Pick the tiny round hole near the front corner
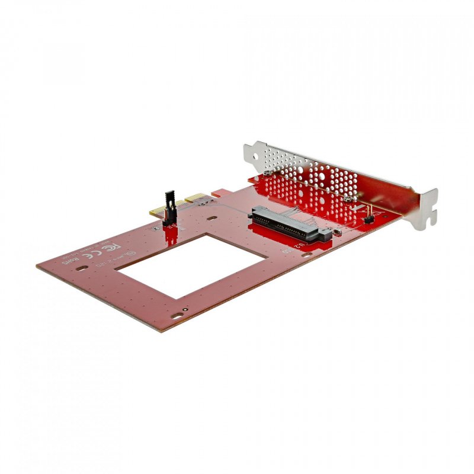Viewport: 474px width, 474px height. pos(185,309)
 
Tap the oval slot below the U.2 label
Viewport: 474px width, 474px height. pos(307,255)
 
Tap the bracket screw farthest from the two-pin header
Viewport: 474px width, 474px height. pos(268,171)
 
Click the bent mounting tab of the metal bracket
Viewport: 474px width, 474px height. pos(426,208)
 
